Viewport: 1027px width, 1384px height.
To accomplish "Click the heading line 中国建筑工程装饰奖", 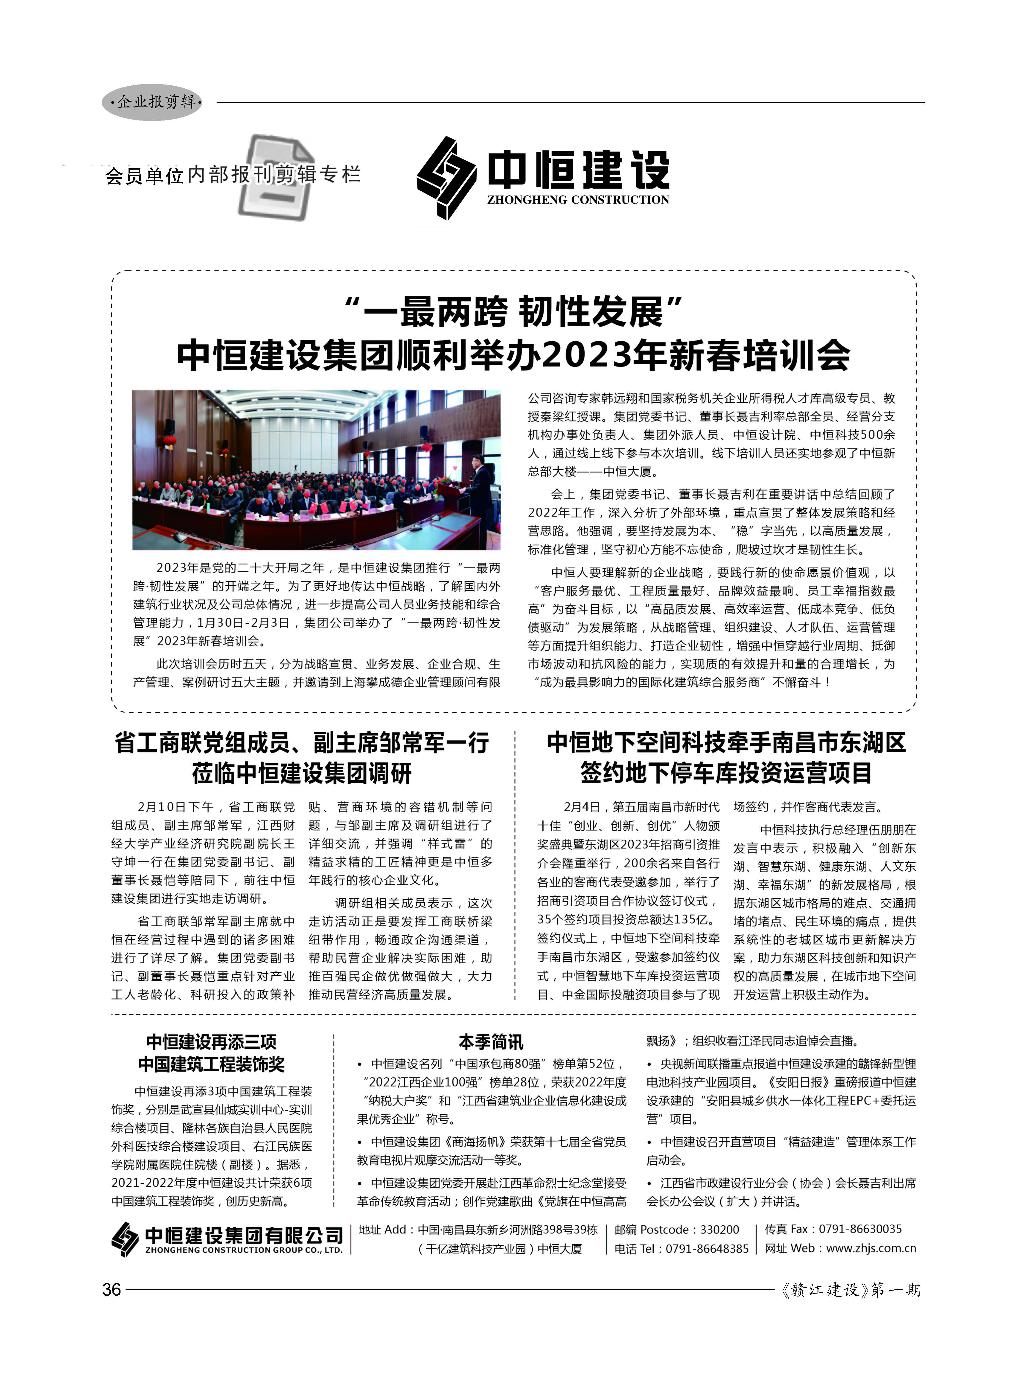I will point(211,1064).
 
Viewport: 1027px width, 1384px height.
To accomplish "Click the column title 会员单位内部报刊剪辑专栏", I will point(233,175).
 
